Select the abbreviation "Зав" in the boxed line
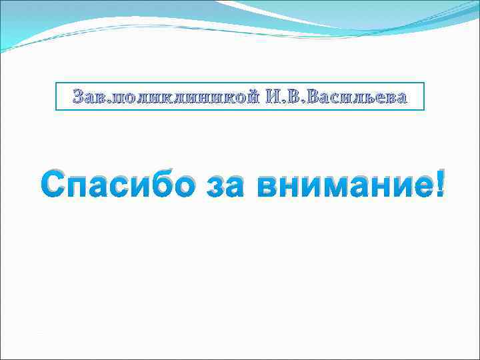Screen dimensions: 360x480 click(88, 98)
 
